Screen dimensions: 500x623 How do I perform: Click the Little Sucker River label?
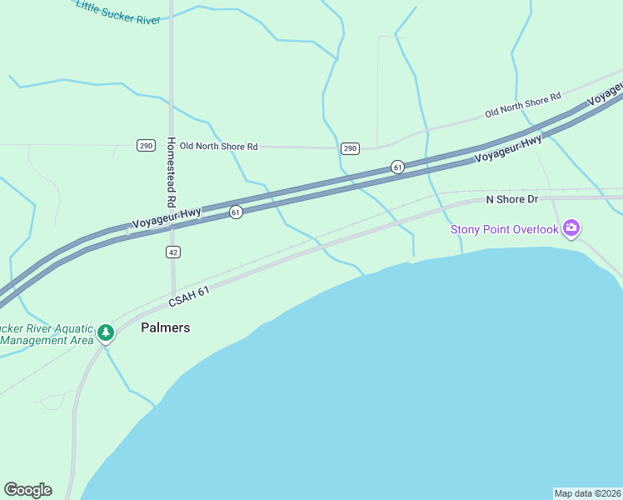coord(117,12)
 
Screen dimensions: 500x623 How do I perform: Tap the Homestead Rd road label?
coord(171,172)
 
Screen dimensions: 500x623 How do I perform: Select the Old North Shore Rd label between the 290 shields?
coord(218,147)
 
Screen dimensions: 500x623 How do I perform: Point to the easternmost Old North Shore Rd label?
coord(523,107)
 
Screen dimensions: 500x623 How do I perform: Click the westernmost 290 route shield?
coord(147,146)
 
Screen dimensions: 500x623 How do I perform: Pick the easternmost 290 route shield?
coord(350,148)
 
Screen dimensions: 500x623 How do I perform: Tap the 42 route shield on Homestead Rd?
coord(172,252)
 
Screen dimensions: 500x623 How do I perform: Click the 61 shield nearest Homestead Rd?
coord(236,212)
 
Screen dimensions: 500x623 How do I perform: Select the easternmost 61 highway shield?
coord(397,167)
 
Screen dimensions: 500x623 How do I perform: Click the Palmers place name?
coord(165,327)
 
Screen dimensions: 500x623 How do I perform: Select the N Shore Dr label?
coord(512,200)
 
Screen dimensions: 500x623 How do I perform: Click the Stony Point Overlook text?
coord(504,229)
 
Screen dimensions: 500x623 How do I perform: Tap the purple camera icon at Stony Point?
coord(571,227)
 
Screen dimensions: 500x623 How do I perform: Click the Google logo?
coord(27,490)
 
